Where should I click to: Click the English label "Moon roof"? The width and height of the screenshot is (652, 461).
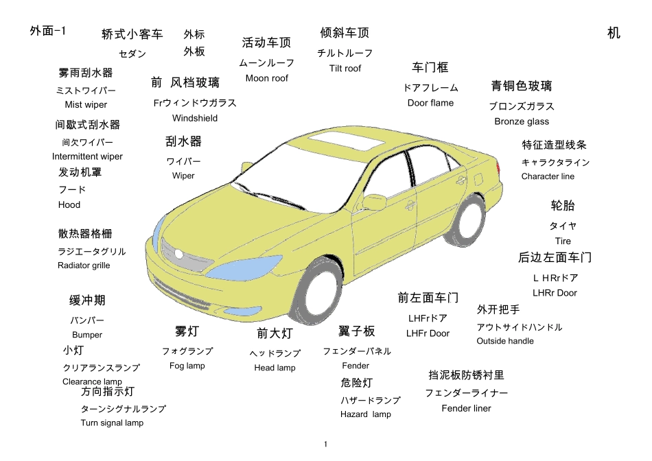(x=267, y=78)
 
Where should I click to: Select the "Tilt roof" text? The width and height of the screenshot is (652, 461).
(x=345, y=69)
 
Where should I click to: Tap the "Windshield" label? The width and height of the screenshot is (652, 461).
(x=195, y=118)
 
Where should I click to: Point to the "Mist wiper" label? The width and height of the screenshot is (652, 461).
(x=86, y=105)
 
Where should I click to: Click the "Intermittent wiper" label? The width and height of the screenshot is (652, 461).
(x=87, y=156)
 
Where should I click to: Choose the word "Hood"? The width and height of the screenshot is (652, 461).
(x=69, y=204)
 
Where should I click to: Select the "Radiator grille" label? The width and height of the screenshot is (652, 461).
(x=84, y=265)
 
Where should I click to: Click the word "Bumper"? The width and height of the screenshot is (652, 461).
(x=87, y=335)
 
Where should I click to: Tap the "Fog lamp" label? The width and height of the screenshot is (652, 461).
(x=187, y=366)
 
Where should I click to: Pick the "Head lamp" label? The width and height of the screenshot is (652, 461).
(x=275, y=368)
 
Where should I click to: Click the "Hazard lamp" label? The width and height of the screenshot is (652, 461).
(x=366, y=414)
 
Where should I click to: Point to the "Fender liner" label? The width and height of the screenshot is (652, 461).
(x=466, y=408)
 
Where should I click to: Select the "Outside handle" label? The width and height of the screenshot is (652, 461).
(x=505, y=341)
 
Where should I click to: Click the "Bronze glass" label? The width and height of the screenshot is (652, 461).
(x=522, y=121)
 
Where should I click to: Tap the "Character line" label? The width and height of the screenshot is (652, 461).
(x=548, y=176)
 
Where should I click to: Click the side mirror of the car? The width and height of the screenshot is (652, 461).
(x=375, y=202)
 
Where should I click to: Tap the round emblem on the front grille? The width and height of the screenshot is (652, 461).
(x=179, y=254)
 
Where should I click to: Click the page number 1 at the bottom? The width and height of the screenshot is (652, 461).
(x=325, y=444)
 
